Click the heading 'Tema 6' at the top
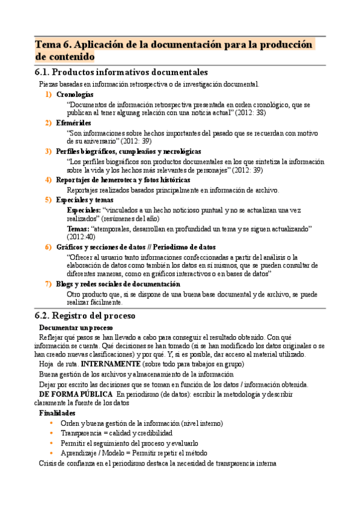click(x=54, y=45)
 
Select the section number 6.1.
click(x=46, y=72)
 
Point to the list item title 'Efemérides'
click(x=73, y=123)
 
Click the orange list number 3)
click(x=48, y=152)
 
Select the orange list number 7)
click(x=48, y=284)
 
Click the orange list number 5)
click(x=48, y=199)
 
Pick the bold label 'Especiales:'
click(x=84, y=210)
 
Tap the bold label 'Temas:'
click(x=78, y=229)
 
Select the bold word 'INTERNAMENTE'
click(x=111, y=364)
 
